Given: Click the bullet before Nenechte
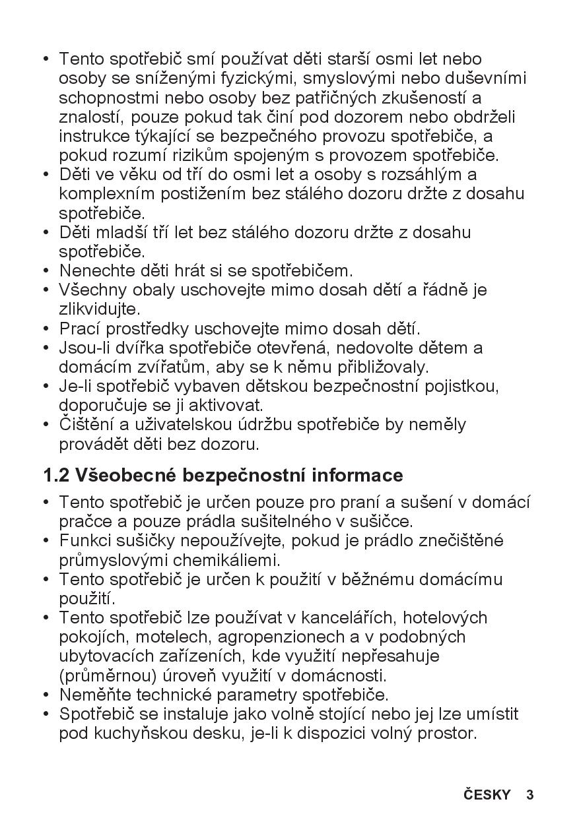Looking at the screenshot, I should (46, 271).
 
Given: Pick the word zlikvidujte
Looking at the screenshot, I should (100, 309).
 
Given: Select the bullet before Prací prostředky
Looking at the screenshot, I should (46, 329).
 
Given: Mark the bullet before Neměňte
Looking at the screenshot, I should (46, 695).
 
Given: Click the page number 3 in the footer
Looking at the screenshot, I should (529, 794).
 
